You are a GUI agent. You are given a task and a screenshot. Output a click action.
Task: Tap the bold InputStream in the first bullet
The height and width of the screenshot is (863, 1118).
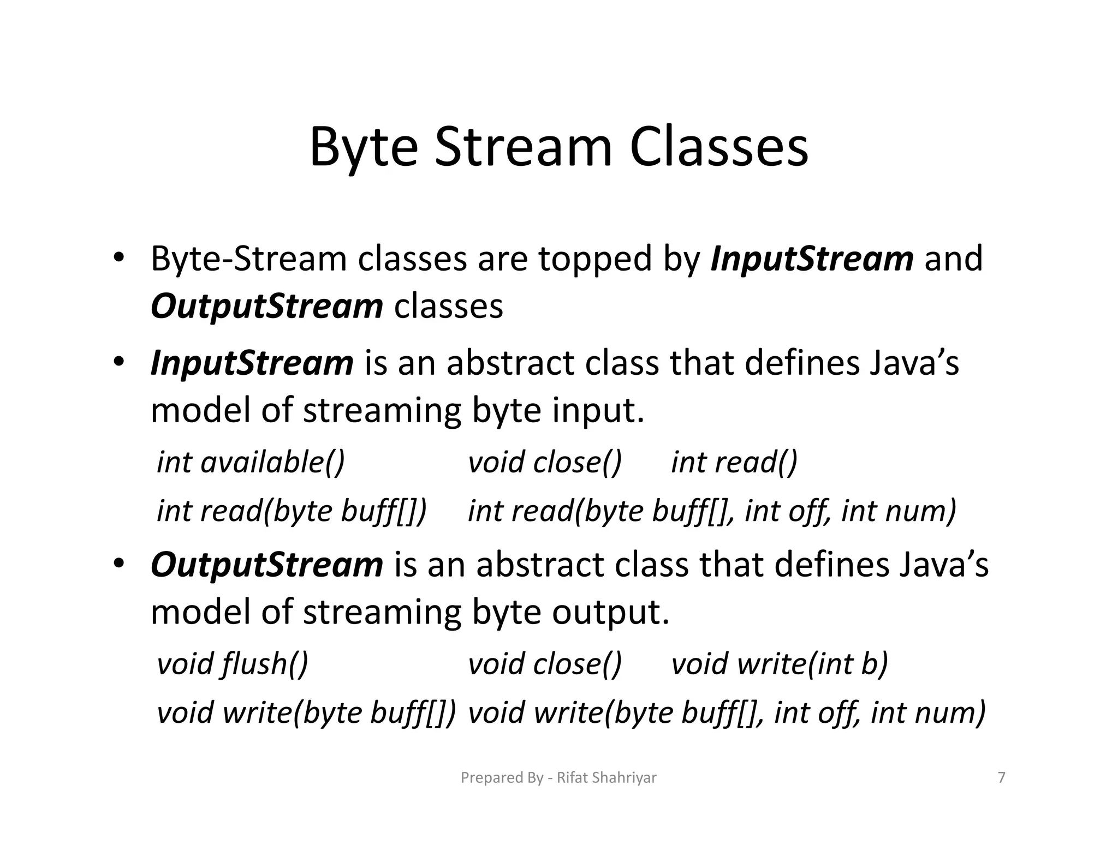tap(811, 258)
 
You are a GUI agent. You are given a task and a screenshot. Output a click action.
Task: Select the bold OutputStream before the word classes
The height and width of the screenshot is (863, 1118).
tap(266, 306)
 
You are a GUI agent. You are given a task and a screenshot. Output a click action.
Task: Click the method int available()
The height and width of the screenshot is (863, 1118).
tap(251, 462)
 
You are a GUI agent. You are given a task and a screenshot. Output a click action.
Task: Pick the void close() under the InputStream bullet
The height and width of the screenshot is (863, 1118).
tap(545, 462)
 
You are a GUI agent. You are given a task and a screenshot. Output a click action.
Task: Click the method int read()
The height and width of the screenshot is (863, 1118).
tap(734, 462)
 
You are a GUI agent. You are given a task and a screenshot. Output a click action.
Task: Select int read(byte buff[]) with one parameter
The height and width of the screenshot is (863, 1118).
tap(292, 511)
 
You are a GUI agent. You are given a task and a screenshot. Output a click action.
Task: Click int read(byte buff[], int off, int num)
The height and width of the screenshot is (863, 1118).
tap(712, 511)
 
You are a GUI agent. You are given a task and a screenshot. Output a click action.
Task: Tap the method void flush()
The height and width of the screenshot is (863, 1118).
tap(233, 664)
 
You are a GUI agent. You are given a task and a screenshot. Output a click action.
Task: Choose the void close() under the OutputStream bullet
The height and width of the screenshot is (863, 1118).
tap(545, 664)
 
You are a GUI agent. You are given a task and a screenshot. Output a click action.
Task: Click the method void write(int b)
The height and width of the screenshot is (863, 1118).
tap(779, 664)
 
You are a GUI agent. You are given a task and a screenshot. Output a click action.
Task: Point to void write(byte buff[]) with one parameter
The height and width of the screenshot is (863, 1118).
tap(306, 712)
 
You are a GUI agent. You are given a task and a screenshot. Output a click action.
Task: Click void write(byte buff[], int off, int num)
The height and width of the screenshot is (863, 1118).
tap(727, 712)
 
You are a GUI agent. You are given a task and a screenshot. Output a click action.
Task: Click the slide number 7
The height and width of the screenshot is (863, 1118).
tap(1001, 777)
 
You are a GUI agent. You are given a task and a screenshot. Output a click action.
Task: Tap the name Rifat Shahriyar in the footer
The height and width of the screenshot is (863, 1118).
tap(606, 777)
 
